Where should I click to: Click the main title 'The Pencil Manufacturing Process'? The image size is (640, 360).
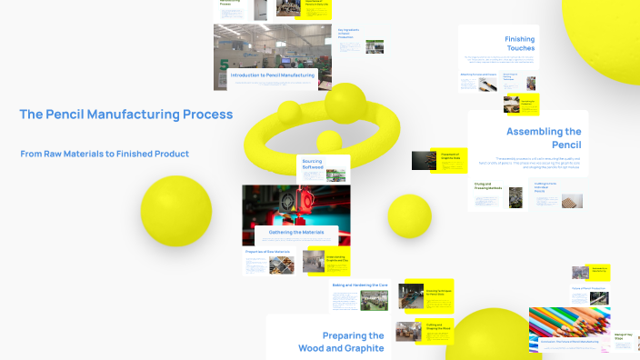pyautogui.click(x=126, y=115)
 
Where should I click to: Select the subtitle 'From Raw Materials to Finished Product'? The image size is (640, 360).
pyautogui.click(x=105, y=154)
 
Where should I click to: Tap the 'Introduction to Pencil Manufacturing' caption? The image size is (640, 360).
pyautogui.click(x=273, y=75)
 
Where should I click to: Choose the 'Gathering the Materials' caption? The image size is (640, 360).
pyautogui.click(x=290, y=233)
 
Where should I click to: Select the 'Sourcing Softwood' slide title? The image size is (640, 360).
pyautogui.click(x=312, y=164)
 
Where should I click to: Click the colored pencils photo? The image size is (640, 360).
pyautogui.click(x=568, y=324)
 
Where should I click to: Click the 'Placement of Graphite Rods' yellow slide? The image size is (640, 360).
pyautogui.click(x=451, y=156)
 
